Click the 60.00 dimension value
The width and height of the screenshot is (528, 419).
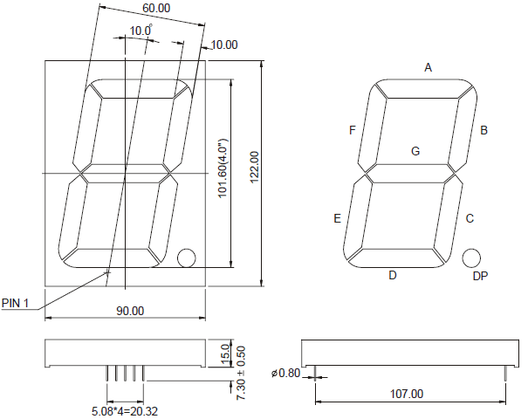(156, 8)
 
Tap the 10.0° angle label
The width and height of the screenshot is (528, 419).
(141, 31)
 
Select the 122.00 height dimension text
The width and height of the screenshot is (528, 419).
(254, 168)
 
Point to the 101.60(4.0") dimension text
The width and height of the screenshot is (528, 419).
(223, 168)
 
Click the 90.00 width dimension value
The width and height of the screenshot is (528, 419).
(130, 311)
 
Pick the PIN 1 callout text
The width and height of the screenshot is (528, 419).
(15, 303)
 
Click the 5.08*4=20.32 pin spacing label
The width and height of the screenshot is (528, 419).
(125, 411)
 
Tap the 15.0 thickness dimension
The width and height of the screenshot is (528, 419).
(226, 354)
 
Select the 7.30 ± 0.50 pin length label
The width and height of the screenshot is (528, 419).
(241, 373)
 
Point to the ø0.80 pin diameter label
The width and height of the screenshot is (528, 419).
(285, 374)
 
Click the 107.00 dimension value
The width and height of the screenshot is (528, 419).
(407, 394)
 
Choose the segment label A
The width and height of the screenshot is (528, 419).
(428, 68)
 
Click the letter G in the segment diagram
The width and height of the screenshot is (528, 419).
(415, 151)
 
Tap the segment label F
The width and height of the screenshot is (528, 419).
(353, 130)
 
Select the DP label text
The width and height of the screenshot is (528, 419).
(480, 276)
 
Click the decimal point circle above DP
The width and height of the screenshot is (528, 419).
(471, 258)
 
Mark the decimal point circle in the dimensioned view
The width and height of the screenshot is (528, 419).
(186, 258)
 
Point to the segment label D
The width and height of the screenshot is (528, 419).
(393, 275)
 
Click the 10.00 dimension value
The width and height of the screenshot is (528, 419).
(224, 45)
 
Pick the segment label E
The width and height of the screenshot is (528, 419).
(337, 218)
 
